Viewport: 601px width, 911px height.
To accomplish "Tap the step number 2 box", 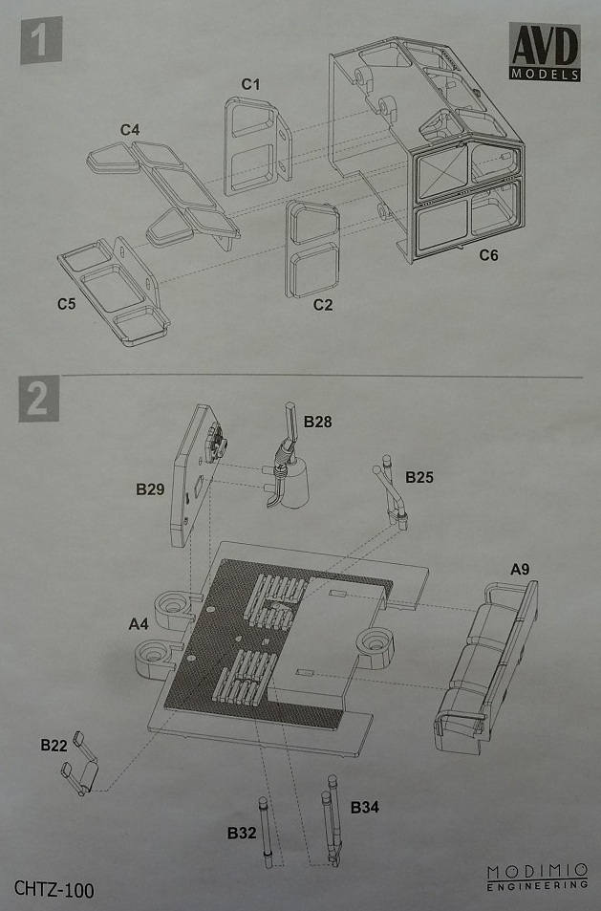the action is tap(38, 398).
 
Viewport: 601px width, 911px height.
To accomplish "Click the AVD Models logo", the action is tap(544, 53).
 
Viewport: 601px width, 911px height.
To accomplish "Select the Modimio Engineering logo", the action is tap(536, 878).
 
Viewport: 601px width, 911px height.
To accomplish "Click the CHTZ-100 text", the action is tap(54, 889).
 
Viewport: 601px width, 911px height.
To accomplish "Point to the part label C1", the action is tap(251, 84).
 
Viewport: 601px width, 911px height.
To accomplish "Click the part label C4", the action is tap(131, 128).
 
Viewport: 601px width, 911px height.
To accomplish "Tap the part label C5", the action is tap(66, 304).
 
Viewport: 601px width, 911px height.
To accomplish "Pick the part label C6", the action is tap(488, 255).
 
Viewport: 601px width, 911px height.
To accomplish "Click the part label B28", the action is tap(319, 421).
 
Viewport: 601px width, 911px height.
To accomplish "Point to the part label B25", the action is tap(420, 476).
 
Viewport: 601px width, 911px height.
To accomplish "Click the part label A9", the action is tap(520, 569).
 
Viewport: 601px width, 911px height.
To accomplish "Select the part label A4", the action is tap(139, 623).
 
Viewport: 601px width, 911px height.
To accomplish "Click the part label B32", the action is tap(240, 833).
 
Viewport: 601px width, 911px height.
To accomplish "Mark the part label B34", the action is tap(365, 808).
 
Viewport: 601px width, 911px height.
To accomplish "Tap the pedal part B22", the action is tap(80, 765).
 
